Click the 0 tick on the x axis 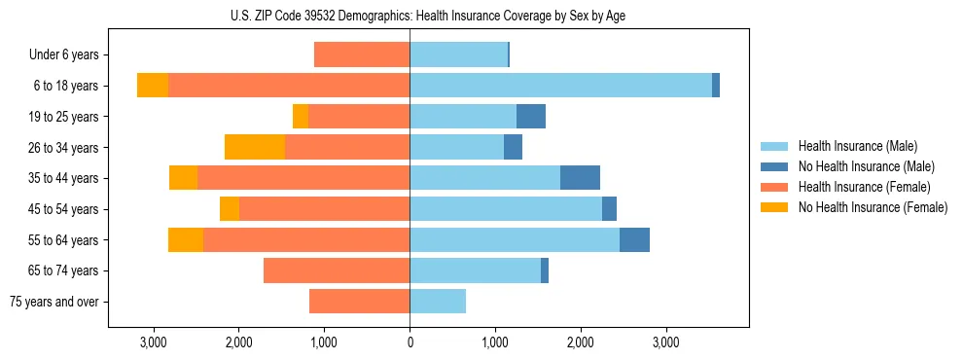410,342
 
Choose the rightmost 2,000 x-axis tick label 580,342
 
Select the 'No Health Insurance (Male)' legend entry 866,166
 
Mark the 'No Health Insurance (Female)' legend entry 872,207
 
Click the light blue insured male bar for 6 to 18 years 560,86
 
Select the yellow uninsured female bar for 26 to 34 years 255,147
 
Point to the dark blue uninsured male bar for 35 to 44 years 580,178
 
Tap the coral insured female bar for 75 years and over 359,302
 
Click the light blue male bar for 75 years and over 438,302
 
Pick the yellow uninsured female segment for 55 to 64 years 186,239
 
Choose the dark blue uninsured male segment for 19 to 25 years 531,117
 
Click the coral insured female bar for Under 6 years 362,55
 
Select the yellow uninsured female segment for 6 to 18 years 153,86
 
